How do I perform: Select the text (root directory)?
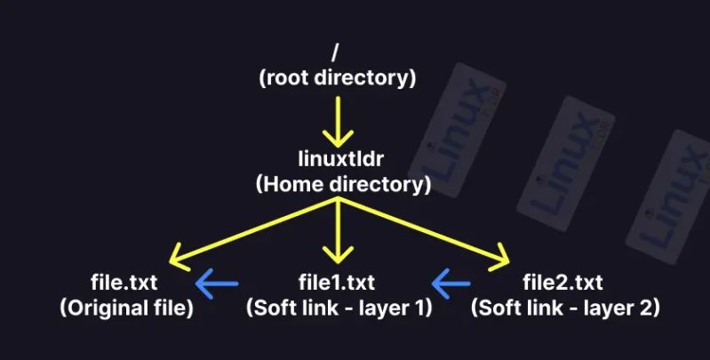point(338,77)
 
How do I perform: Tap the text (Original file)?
point(127,308)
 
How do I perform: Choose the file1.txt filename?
point(338,284)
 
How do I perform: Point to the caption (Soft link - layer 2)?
point(564,308)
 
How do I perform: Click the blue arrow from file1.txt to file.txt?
point(217,284)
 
